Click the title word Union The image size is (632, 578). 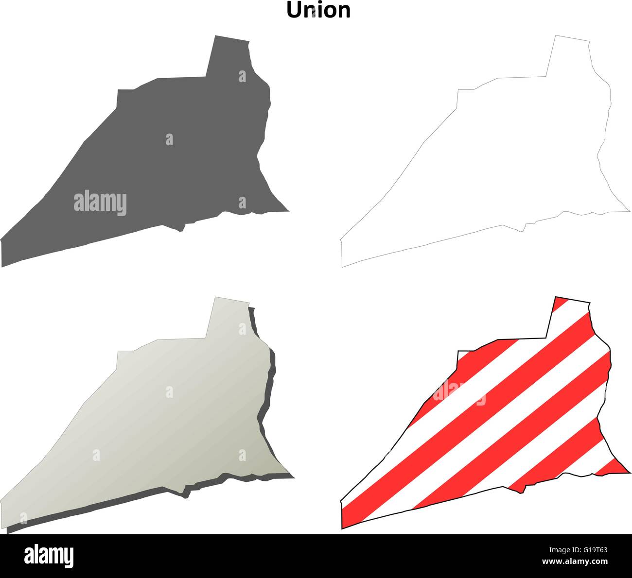pos(318,10)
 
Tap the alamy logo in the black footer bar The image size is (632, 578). pos(49,555)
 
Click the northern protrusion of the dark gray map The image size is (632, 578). pos(228,56)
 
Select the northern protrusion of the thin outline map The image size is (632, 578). pos(569,56)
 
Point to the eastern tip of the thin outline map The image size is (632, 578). pos(628,211)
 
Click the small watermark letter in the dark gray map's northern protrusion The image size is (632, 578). pos(242,76)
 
